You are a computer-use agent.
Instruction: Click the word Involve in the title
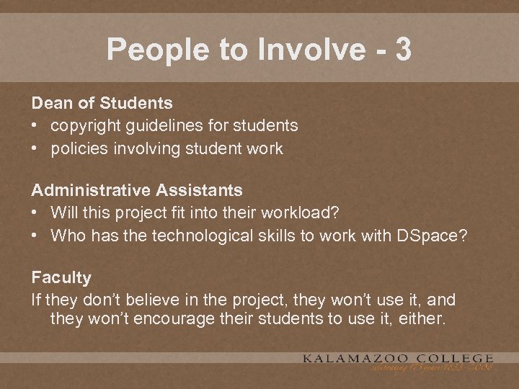point(303,50)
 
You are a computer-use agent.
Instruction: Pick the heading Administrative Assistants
point(136,190)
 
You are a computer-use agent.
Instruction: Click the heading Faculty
point(61,277)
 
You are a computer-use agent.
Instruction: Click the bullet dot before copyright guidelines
point(35,126)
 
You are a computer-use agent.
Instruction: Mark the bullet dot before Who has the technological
point(35,236)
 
